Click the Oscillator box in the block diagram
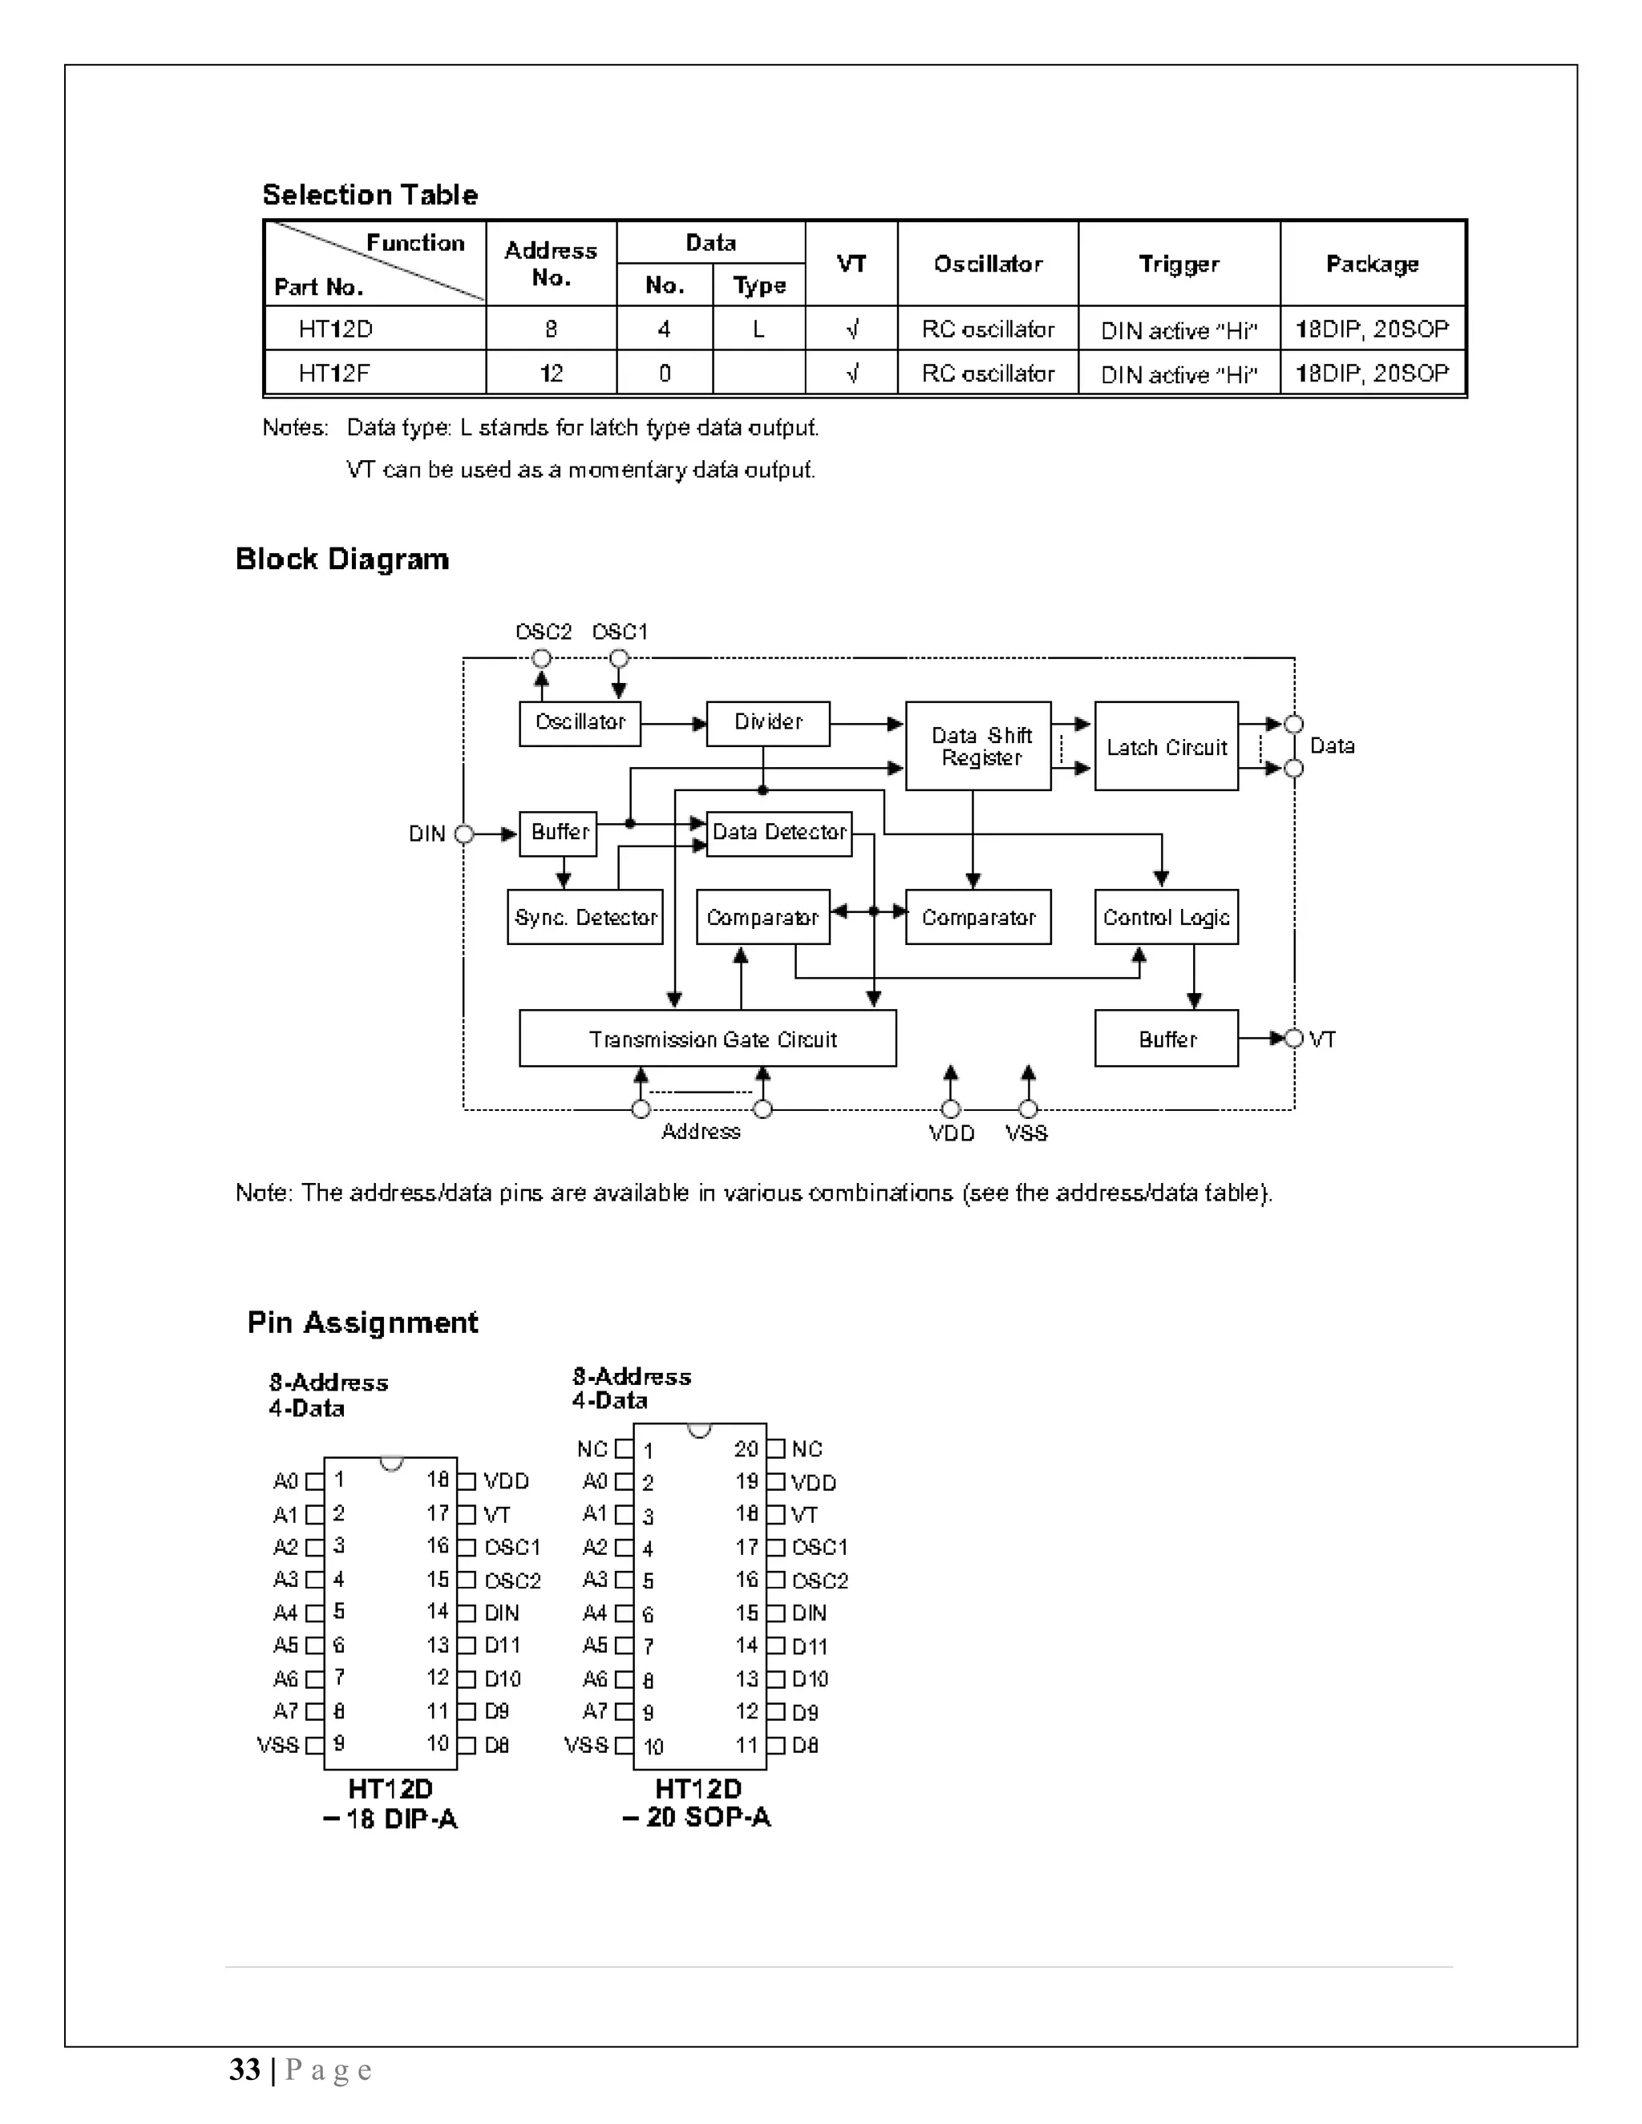tap(580, 724)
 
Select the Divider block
tap(767, 724)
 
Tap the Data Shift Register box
tap(977, 746)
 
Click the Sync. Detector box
tap(584, 917)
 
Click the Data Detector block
tap(779, 834)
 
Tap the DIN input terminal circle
tap(464, 834)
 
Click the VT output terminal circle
tap(1294, 1039)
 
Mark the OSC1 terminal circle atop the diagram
tap(619, 658)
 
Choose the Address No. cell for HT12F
tap(551, 374)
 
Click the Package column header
tap(1372, 264)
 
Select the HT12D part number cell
tap(336, 329)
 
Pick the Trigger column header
tap(1178, 264)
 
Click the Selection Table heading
tap(370, 195)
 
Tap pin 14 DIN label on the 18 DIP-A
tap(501, 1613)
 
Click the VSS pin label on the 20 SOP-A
tap(585, 1745)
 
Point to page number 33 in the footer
tap(245, 2069)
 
